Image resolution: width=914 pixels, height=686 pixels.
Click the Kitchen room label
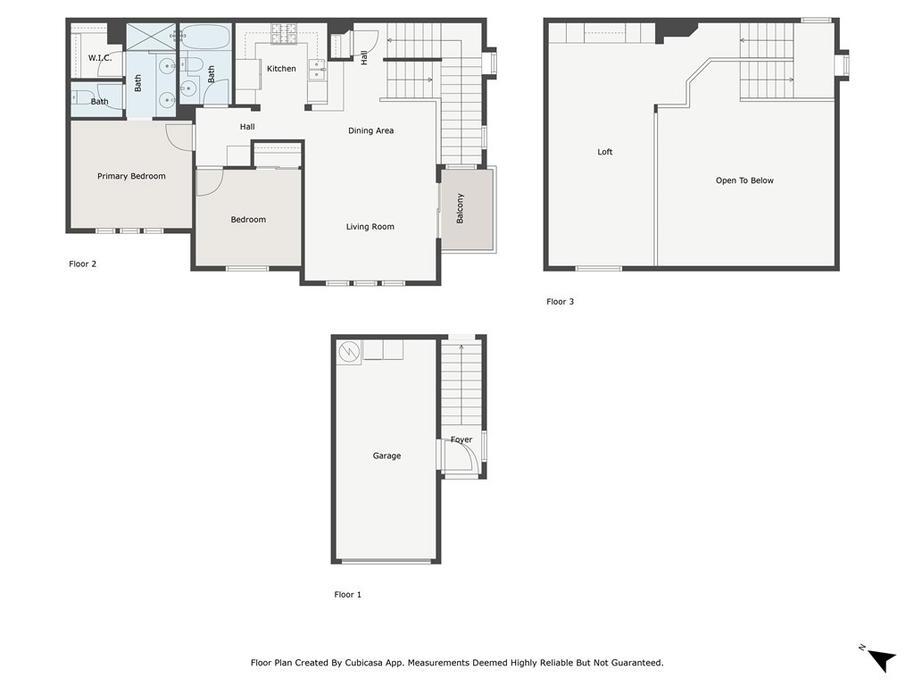coord(281,68)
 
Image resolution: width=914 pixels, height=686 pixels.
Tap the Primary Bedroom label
coord(131,176)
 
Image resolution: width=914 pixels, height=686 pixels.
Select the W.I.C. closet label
coord(100,58)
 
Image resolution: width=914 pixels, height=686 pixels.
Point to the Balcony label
coord(460,208)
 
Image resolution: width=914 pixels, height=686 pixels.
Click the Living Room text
coord(370,226)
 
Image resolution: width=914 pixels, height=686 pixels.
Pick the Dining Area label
coord(370,130)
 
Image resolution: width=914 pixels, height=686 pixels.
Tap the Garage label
coord(386,456)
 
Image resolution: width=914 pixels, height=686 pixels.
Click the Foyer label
coord(461,439)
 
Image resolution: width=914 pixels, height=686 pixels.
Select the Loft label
coord(605,152)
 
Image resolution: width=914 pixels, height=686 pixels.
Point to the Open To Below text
coord(744,180)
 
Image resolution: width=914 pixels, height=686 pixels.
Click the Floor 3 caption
coord(561,302)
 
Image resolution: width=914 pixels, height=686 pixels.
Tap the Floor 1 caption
coord(347,594)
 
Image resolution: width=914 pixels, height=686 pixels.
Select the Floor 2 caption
coord(82,264)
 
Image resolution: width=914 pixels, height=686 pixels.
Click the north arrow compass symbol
coord(882,660)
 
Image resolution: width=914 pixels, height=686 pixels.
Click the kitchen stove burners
coord(284,34)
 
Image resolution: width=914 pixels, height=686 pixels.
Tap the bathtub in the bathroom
coord(204,36)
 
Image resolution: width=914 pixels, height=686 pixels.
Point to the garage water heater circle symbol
coord(349,352)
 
